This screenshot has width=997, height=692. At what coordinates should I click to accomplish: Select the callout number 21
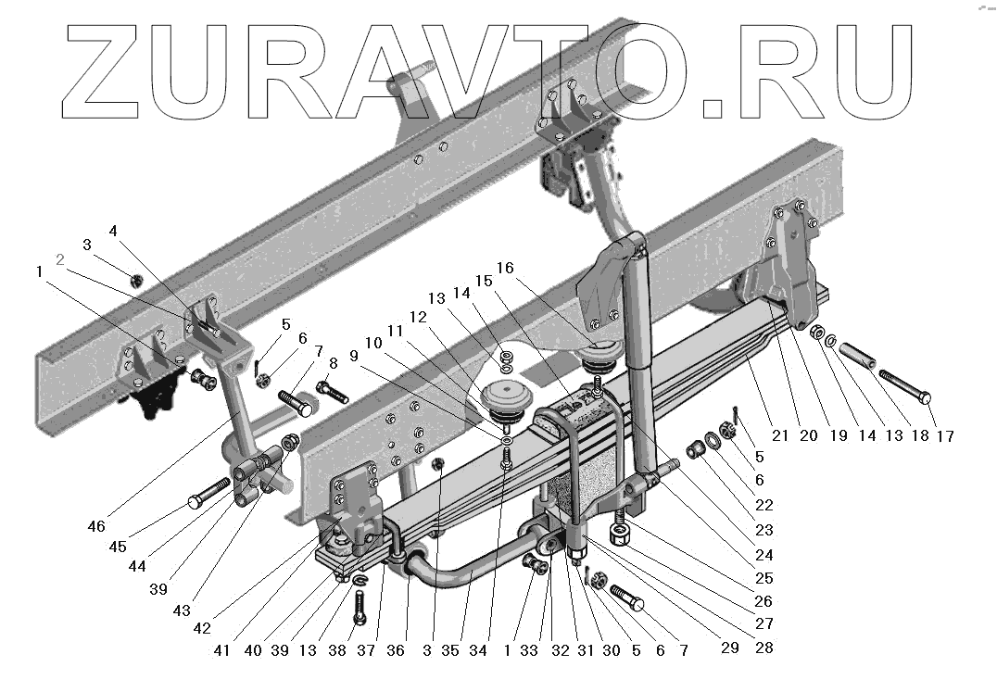pos(780,435)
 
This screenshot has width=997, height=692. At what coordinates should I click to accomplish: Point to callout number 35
pos(450,650)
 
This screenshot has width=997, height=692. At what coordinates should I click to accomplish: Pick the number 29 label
pos(730,648)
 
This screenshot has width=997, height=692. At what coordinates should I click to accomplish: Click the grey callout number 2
pos(60,259)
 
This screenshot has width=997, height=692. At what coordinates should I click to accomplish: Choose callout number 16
pos(505,268)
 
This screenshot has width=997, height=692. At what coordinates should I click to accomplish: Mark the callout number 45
pos(117,547)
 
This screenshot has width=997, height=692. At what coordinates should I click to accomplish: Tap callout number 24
pos(764,556)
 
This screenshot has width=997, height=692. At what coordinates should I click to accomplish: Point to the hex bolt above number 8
pos(331,390)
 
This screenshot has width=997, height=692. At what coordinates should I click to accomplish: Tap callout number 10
pos(372,343)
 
